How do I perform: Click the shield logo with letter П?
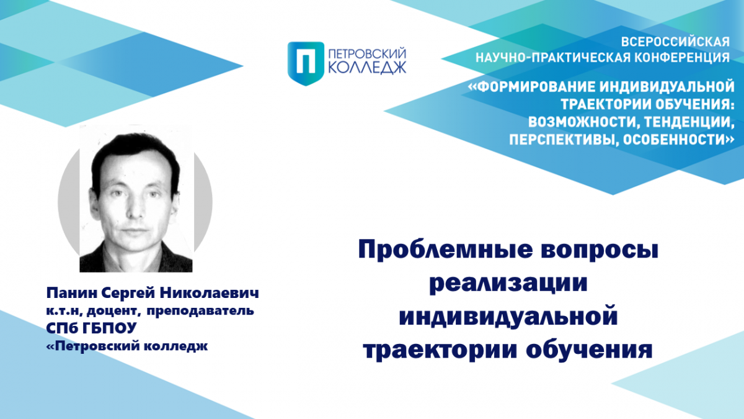(306, 63)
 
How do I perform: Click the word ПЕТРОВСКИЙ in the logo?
(367, 53)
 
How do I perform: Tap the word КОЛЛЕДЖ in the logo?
(367, 68)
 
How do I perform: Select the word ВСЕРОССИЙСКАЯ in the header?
(675, 42)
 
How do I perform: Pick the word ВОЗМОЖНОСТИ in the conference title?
(581, 122)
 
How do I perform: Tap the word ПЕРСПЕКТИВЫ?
(564, 140)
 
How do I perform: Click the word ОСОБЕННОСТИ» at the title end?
(678, 140)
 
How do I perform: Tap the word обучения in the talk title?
(589, 350)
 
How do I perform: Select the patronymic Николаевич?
(210, 293)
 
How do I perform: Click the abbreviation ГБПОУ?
(109, 328)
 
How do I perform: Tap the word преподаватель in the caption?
(200, 311)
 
